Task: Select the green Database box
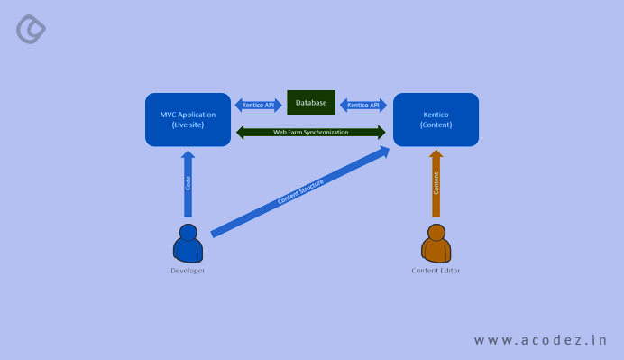click(311, 103)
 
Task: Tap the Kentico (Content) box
click(436, 119)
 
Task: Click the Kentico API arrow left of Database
click(260, 105)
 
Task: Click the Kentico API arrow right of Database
click(362, 105)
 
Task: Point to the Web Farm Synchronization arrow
click(311, 133)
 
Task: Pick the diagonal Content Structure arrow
click(300, 191)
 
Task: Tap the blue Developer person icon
click(188, 245)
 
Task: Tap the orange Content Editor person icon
click(436, 245)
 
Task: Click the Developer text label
click(188, 271)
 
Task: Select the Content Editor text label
click(436, 271)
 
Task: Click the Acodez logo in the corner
click(31, 29)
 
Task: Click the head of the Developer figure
click(188, 233)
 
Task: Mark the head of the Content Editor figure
click(436, 233)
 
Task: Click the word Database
click(311, 103)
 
